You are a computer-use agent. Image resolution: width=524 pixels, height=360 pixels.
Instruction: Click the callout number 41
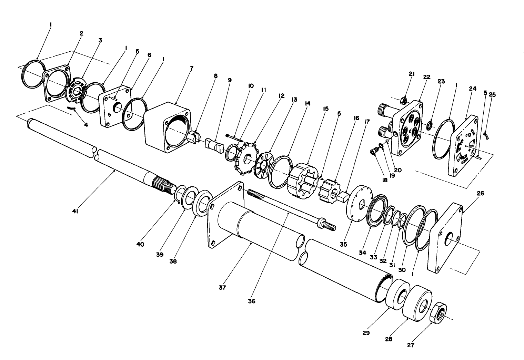[x=75, y=212]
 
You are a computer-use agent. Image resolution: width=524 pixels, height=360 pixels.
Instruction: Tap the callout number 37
[x=222, y=287]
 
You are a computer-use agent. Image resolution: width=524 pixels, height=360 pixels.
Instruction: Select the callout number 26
[x=480, y=194]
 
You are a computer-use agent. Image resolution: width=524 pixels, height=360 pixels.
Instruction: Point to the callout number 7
[x=191, y=68]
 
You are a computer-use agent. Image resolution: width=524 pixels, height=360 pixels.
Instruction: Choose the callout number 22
[x=426, y=77]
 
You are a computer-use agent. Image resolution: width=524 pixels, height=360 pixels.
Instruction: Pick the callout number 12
[x=282, y=95]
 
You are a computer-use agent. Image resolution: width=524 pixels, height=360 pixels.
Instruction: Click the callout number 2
[x=82, y=33]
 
